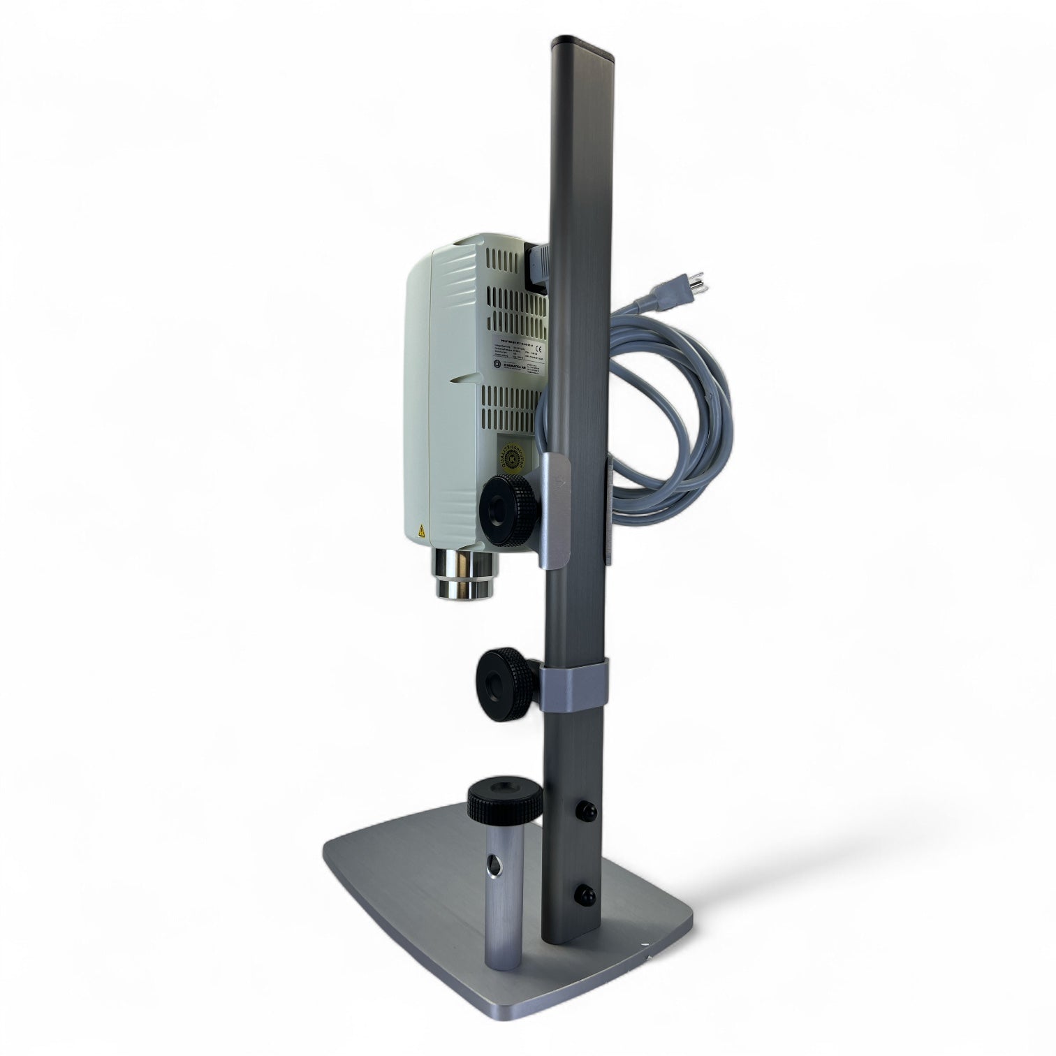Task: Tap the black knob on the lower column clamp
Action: (501, 676)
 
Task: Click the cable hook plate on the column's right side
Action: (608, 510)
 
